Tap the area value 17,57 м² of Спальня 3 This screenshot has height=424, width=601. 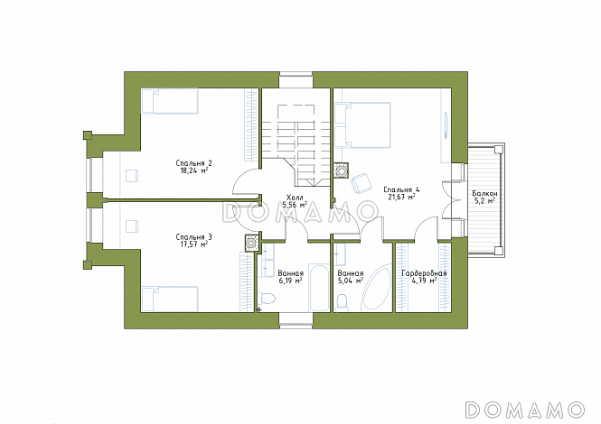pyautogui.click(x=194, y=244)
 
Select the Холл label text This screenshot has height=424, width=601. pyautogui.click(x=295, y=198)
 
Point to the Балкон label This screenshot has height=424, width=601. pyautogui.click(x=484, y=194)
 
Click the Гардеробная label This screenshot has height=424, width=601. pyautogui.click(x=424, y=274)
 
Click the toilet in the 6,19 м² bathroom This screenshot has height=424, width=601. pyautogui.click(x=268, y=298)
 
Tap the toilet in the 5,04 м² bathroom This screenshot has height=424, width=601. pyautogui.click(x=341, y=302)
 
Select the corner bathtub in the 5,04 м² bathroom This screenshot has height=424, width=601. pyautogui.click(x=376, y=286)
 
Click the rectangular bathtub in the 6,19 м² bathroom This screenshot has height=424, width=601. pyautogui.click(x=319, y=288)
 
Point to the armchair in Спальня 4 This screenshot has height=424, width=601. pyautogui.click(x=362, y=183)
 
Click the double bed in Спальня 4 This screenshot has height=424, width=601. pyautogui.click(x=362, y=124)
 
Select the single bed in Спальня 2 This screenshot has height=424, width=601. pyautogui.click(x=170, y=101)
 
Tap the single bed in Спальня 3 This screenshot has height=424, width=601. pyautogui.click(x=170, y=299)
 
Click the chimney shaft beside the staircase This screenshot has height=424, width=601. pyautogui.click(x=341, y=171)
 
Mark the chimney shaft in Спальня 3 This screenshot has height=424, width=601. pyautogui.click(x=251, y=243)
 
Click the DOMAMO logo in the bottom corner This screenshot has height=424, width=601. pyautogui.click(x=524, y=410)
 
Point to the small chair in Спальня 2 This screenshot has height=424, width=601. pyautogui.click(x=132, y=175)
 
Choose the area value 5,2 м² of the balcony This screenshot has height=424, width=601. pyautogui.click(x=484, y=201)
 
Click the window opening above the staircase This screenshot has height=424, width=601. pyautogui.click(x=296, y=80)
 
